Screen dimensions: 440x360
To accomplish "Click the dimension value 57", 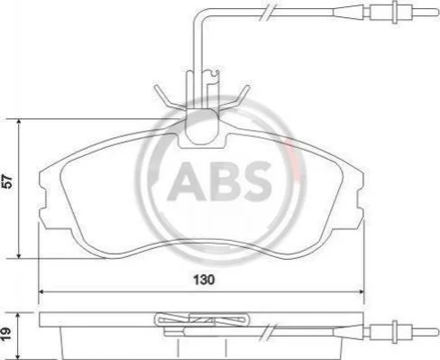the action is (x=7, y=181).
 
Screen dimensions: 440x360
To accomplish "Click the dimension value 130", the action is (x=204, y=280).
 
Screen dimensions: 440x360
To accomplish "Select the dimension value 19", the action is (x=5, y=334).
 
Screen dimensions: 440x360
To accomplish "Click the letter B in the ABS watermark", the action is (x=225, y=181).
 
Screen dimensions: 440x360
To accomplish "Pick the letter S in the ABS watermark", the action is (x=256, y=181).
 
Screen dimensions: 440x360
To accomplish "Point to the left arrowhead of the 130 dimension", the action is (x=42, y=291).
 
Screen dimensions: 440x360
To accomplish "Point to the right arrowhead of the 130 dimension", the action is (x=361, y=291).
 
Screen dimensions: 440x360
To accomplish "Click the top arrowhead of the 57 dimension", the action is (x=19, y=122).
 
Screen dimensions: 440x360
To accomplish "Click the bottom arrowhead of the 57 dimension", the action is (x=19, y=255).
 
